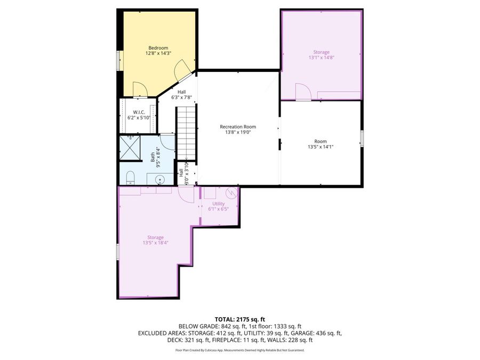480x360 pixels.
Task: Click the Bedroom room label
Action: coord(158,48)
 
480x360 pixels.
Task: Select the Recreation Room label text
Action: coord(238,127)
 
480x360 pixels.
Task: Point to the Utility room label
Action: coord(218,204)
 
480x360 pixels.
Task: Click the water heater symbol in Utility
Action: coord(230,192)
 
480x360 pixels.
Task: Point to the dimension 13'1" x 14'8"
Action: coord(322,58)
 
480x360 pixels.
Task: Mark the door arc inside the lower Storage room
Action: coord(187,195)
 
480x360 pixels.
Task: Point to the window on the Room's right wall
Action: coord(362,139)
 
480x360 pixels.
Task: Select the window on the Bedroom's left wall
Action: coord(118,60)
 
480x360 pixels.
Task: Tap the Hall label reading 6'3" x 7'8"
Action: coord(181,95)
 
